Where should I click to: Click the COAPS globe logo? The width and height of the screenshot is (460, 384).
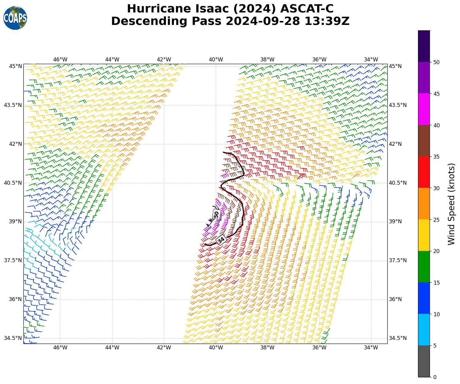point(15,18)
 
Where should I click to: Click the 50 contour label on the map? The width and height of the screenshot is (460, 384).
point(216,214)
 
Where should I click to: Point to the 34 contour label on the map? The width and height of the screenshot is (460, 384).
point(221,240)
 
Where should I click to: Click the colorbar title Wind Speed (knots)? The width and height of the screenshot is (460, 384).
point(451,204)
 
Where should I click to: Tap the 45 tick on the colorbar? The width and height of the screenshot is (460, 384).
point(436,94)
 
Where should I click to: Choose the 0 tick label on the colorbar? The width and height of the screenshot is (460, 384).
point(435,377)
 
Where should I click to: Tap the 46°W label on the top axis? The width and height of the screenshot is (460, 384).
point(60,60)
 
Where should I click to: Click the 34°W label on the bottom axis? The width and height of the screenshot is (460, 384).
point(371,348)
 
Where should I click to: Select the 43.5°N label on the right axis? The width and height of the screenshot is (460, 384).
point(398,105)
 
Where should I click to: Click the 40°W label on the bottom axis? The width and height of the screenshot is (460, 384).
point(216,348)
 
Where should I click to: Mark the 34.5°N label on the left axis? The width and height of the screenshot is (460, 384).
point(13,338)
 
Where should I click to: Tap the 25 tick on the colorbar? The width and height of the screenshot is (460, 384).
point(436,220)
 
